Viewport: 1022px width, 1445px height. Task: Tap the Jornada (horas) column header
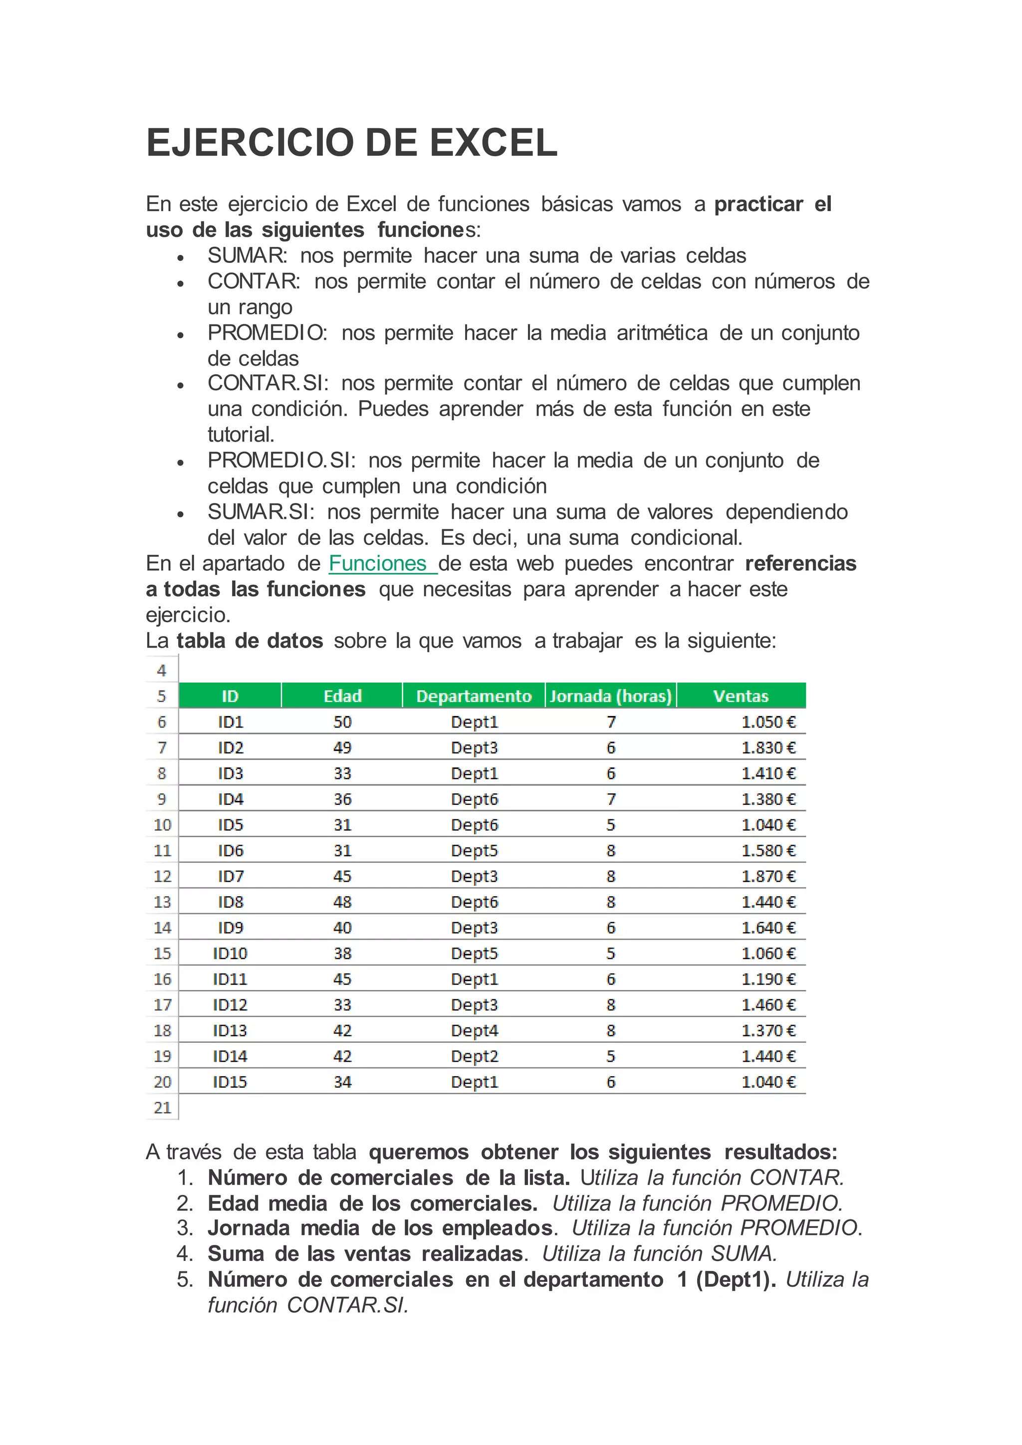(610, 696)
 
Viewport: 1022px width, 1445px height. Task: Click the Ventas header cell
(741, 696)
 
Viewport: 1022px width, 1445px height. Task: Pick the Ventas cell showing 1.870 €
(768, 876)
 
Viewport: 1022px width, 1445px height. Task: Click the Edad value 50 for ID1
(342, 722)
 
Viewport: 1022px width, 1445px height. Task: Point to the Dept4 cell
(474, 1031)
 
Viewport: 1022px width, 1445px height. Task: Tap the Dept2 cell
(474, 1057)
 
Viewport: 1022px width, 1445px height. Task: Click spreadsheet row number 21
(162, 1108)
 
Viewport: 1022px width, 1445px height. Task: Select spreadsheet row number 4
(162, 671)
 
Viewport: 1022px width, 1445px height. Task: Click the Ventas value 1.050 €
(768, 722)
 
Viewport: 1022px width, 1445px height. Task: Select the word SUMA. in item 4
(744, 1254)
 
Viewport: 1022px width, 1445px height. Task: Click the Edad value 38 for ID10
(342, 954)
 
